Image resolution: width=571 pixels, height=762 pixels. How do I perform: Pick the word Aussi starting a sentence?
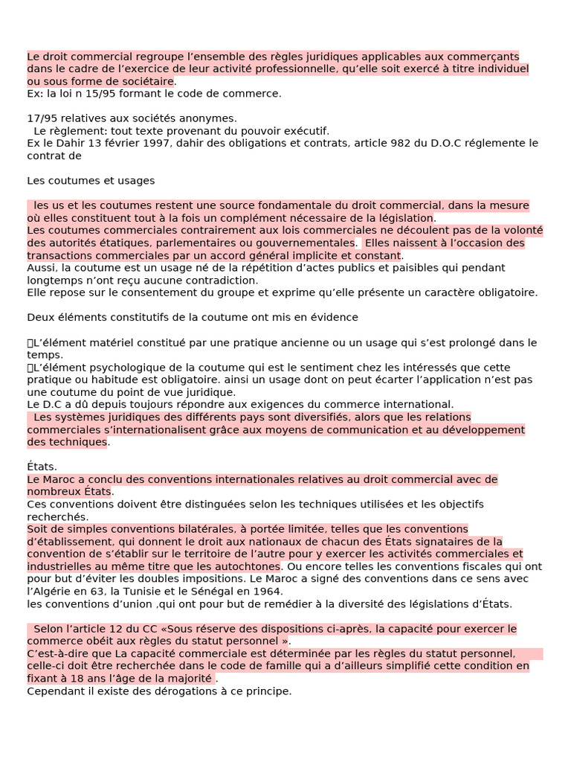(41, 268)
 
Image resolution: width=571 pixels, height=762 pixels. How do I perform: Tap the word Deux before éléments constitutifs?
(41, 318)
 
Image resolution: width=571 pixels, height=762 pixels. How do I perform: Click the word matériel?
(103, 342)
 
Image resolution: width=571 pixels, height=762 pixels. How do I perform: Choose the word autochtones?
(249, 566)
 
